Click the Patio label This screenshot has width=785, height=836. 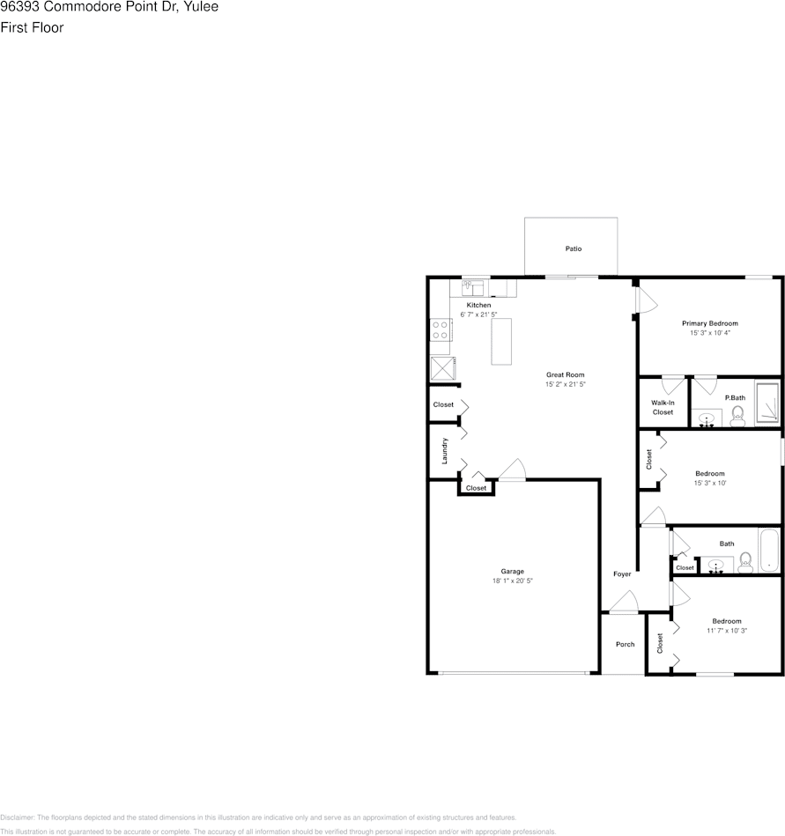573,249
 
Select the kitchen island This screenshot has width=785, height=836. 501,341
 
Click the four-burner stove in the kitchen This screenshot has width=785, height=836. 441,330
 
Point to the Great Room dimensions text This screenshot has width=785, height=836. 565,385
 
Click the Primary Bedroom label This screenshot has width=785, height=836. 709,323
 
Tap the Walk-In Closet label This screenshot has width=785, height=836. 663,407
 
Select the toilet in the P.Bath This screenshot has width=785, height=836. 737,416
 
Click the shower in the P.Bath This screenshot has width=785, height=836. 766,406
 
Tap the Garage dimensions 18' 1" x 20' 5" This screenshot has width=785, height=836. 513,581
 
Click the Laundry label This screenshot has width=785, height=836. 446,451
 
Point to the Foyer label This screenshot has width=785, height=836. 622,574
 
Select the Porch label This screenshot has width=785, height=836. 625,644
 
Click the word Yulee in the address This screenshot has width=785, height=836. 203,7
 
